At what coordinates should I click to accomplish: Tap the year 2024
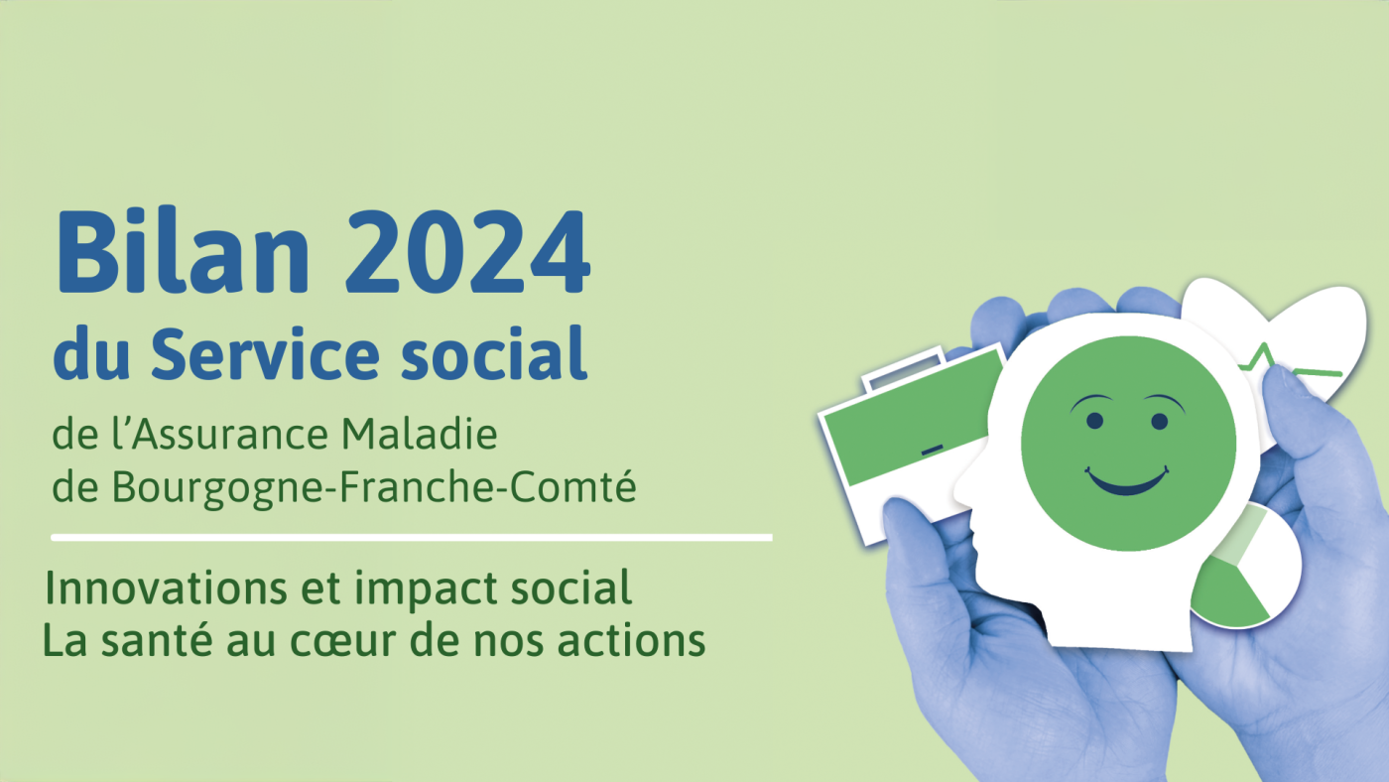pyautogui.click(x=468, y=252)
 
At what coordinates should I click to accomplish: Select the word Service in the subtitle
pyautogui.click(x=266, y=354)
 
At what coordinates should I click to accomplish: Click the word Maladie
pyautogui.click(x=419, y=434)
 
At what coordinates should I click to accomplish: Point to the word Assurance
pyautogui.click(x=229, y=434)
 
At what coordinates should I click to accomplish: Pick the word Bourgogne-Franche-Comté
pyautogui.click(x=374, y=487)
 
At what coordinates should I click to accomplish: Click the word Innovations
pyautogui.click(x=167, y=587)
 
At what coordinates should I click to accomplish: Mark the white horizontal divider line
pyautogui.click(x=412, y=538)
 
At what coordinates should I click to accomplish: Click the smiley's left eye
pyautogui.click(x=1095, y=421)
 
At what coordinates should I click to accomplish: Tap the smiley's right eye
pyautogui.click(x=1160, y=422)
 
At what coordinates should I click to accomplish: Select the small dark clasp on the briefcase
pyautogui.click(x=932, y=450)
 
